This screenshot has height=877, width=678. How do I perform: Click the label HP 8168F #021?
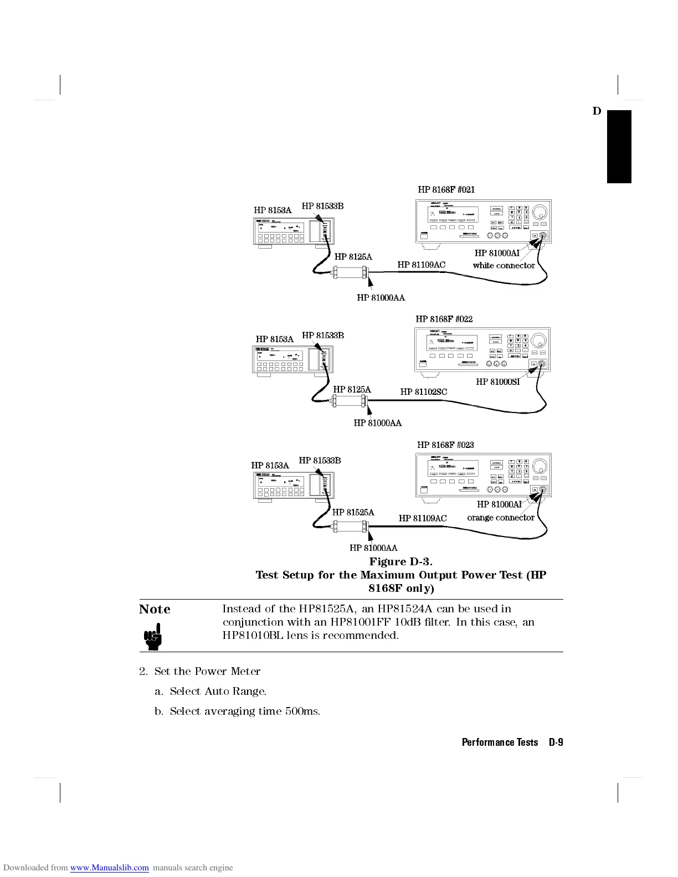pos(446,189)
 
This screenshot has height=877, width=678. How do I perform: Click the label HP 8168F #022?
pos(444,319)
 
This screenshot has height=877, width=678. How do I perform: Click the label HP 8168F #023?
pos(445,445)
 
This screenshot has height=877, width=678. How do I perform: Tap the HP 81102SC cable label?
pos(423,392)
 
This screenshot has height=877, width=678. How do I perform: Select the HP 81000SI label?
pos(497,381)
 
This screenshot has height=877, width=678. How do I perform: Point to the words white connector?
pos(504,265)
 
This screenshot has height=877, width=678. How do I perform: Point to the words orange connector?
pos(500,518)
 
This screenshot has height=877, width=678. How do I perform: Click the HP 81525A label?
pos(353,512)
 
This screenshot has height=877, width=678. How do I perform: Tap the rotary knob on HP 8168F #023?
pos(540,465)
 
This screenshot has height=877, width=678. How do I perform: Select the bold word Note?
pos(155,609)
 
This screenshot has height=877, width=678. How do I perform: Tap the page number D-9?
pos(556,742)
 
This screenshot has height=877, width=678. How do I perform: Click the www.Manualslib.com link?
pos(109,868)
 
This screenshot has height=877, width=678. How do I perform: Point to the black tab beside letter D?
pos(619,147)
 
